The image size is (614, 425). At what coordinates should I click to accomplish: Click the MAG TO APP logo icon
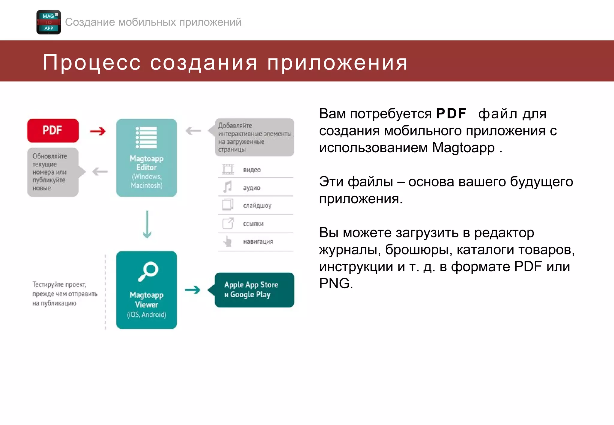click(49, 22)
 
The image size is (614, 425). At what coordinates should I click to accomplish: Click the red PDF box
click(53, 130)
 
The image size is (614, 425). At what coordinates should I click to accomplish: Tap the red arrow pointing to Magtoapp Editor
click(98, 131)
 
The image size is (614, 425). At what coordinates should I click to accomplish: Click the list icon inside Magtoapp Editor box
click(146, 137)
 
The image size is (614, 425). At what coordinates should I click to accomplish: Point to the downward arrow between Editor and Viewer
click(147, 224)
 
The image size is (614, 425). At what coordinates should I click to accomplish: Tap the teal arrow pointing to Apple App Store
click(192, 290)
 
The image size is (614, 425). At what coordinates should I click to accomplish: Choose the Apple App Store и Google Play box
click(254, 290)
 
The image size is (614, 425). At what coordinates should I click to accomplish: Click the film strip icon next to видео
click(228, 169)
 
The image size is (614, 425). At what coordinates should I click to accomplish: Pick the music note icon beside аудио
click(228, 187)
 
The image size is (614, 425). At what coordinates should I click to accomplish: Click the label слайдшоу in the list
click(257, 206)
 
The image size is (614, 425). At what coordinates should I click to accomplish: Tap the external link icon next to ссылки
click(228, 223)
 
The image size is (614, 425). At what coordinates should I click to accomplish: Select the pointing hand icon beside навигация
click(228, 241)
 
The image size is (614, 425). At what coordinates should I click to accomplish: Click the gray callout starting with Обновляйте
click(53, 172)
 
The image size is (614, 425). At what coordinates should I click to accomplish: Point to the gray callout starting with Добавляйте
click(254, 137)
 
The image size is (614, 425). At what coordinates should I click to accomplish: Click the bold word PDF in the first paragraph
click(451, 114)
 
